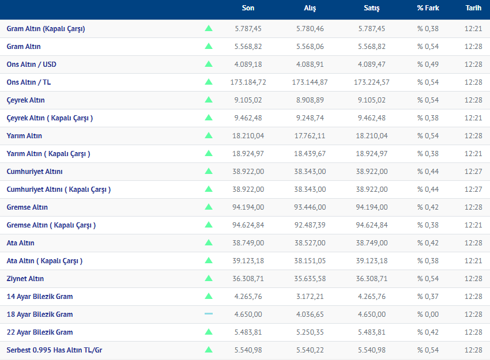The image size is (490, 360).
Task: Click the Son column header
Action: click(x=248, y=8)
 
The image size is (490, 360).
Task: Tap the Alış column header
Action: click(x=310, y=8)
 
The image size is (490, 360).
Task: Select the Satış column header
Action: click(x=372, y=8)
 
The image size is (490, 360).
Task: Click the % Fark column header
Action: click(x=428, y=8)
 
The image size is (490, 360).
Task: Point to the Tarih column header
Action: click(x=473, y=8)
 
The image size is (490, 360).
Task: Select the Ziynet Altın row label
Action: click(x=25, y=279)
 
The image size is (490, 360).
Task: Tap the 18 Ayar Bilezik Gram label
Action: click(x=40, y=314)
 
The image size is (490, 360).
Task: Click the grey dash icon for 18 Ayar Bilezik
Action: click(x=209, y=314)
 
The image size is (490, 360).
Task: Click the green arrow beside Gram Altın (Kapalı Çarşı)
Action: click(x=209, y=28)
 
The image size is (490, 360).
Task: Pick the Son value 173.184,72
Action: click(x=248, y=82)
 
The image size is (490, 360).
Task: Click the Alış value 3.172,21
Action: click(x=310, y=297)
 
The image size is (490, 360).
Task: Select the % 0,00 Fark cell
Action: click(x=428, y=314)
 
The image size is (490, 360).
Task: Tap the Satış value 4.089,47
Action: click(x=372, y=64)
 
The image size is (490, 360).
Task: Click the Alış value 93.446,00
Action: click(x=310, y=207)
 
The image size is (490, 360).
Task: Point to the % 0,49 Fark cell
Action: click(x=428, y=64)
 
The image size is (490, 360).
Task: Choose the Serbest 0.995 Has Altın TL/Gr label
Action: click(x=55, y=350)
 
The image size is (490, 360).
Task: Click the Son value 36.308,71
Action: click(x=248, y=279)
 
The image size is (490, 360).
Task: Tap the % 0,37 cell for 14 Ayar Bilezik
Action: click(x=428, y=297)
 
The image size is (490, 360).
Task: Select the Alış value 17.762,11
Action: click(x=310, y=136)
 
